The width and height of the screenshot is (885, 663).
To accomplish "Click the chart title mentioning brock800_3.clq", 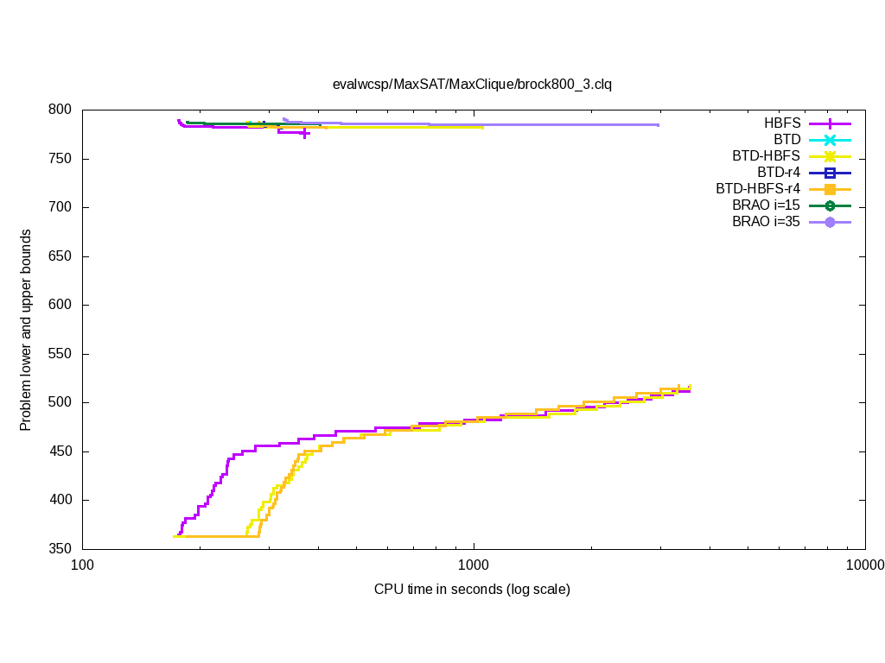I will click(472, 84).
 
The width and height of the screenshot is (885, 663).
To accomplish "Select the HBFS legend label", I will click(782, 123).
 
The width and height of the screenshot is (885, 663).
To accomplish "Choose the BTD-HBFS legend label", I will click(766, 156).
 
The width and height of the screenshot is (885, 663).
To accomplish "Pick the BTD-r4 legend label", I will click(779, 173).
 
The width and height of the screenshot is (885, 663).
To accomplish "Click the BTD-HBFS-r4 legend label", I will click(758, 189).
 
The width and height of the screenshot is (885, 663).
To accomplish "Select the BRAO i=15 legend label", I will click(766, 205).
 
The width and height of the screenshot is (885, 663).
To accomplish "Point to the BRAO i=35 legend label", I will click(766, 222).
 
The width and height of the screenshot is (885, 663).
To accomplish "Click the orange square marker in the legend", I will click(830, 189).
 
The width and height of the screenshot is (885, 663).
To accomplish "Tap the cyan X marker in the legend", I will click(830, 140).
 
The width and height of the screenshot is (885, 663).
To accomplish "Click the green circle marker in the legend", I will click(830, 205).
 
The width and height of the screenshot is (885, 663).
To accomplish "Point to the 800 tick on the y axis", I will click(61, 110).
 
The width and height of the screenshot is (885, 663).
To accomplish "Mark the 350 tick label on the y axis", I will click(61, 549).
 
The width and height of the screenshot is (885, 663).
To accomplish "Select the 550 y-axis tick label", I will click(61, 354).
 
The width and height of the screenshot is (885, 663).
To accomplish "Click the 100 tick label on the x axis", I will click(82, 566).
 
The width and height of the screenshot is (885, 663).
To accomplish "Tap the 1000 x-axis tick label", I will click(474, 566).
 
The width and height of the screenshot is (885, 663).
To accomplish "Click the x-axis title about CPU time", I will click(472, 590).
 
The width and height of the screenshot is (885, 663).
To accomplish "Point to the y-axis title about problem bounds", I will click(27, 330).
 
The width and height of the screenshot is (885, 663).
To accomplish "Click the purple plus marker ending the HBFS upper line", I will click(305, 134).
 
